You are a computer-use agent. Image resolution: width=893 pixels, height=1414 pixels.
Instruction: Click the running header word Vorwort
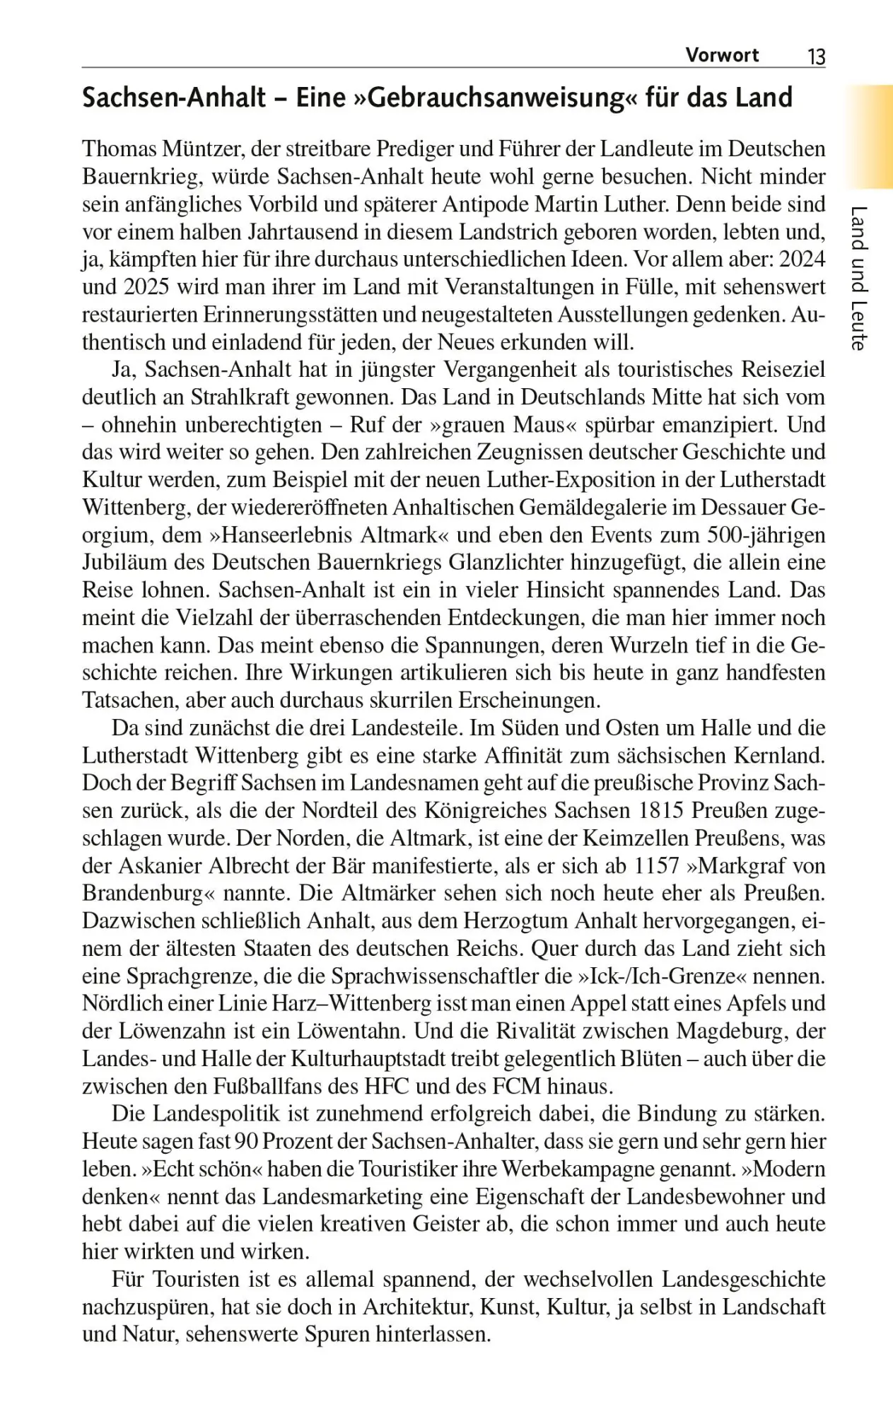[x=722, y=55]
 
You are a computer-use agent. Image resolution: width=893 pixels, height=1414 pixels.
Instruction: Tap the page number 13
[x=816, y=57]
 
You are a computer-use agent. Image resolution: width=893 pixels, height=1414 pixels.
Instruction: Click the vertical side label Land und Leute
[x=858, y=278]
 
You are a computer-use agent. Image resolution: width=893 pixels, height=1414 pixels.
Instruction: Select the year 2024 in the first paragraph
[x=802, y=259]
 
